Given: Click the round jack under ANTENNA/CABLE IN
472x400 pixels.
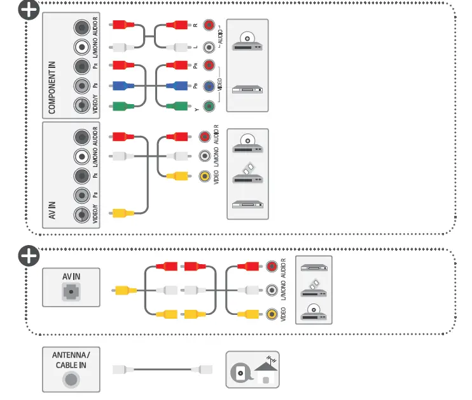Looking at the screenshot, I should tap(71, 380).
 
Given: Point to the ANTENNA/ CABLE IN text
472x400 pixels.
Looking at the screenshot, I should tap(71, 360).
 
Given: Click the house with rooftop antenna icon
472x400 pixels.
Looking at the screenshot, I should tap(267, 371).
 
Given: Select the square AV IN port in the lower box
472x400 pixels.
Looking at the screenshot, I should tap(71, 291).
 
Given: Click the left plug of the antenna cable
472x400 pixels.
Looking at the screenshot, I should tap(123, 369).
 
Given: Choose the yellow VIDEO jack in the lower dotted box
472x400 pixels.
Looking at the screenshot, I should tap(272, 314).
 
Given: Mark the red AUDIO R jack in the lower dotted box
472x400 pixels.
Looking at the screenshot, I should tap(272, 267).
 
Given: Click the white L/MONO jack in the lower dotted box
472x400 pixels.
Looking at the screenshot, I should tap(272, 290).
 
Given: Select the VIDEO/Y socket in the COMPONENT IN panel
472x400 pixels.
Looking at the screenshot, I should tap(81, 106).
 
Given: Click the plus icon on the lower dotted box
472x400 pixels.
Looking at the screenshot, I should tap(28, 256).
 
